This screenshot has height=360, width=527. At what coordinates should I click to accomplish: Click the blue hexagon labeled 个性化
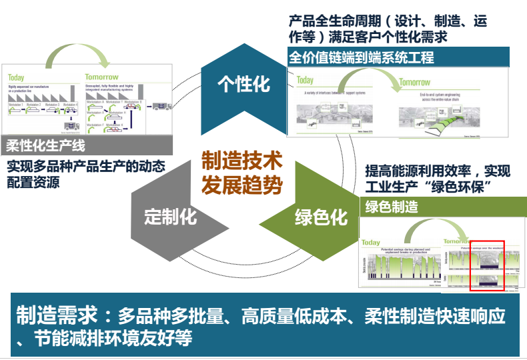click(243, 84)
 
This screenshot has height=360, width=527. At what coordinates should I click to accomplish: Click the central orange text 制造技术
click(242, 160)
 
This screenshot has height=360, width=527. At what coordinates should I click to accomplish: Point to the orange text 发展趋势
click(242, 183)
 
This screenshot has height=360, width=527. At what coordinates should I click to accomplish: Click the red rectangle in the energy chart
click(487, 265)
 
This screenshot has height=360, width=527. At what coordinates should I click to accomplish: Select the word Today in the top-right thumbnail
click(305, 80)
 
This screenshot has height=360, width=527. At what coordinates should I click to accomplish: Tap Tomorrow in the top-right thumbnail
click(414, 83)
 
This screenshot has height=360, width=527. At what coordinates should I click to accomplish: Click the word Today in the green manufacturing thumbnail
click(371, 243)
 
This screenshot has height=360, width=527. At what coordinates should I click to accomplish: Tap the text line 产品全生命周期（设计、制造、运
click(388, 21)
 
